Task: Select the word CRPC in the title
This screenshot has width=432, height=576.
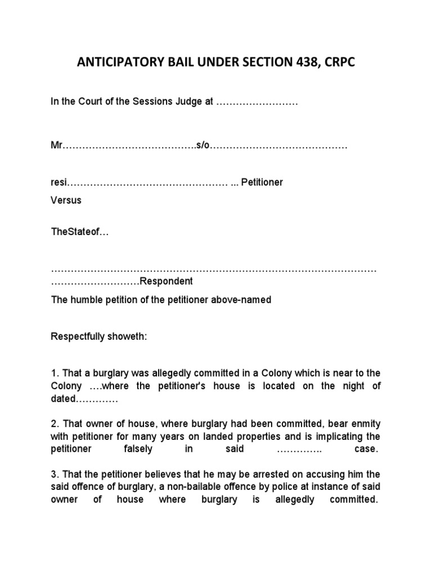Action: click(340, 63)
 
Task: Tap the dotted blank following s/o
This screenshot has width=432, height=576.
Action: click(278, 145)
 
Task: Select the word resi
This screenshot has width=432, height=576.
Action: click(58, 182)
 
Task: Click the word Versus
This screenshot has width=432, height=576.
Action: click(66, 200)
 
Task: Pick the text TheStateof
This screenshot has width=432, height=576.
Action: click(75, 232)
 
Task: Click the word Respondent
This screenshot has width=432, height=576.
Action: click(166, 281)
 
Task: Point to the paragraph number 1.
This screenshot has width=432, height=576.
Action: click(54, 373)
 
